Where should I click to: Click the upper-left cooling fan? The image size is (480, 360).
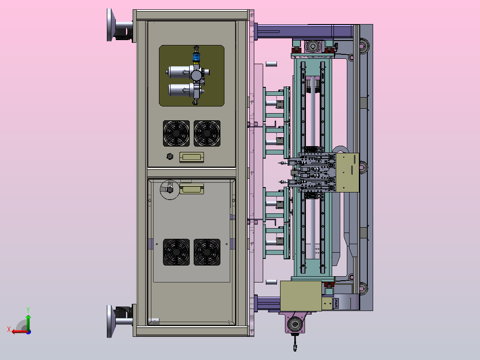[x=176, y=133]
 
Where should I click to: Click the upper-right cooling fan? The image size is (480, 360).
[x=207, y=133]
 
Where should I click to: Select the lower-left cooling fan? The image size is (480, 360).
[x=176, y=252]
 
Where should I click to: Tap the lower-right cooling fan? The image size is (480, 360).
[x=207, y=252]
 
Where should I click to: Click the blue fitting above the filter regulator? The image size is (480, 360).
[x=196, y=57]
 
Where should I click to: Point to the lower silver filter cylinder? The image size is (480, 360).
[x=181, y=90]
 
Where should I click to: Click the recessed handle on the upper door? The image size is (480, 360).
[x=191, y=157]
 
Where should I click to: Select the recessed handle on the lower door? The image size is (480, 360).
[x=191, y=189]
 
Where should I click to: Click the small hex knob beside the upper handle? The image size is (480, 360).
[x=170, y=156]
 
